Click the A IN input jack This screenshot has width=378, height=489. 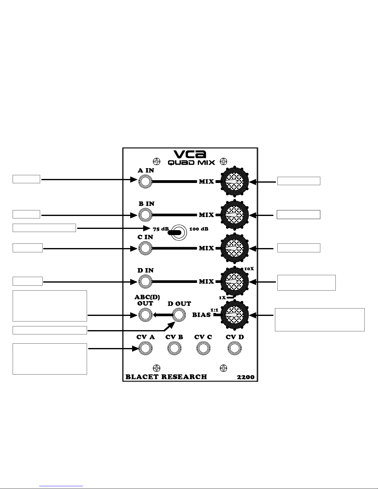coord(145,181)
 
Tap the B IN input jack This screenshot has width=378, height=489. coord(145,215)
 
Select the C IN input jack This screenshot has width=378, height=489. coord(145,248)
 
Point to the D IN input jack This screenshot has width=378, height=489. coord(145,281)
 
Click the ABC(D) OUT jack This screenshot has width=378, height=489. coord(145,315)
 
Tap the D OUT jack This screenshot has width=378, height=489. coord(179,315)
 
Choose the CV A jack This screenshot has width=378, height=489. coord(145,348)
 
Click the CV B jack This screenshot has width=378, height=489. coord(174,348)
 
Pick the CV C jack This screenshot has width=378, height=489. coord(203,348)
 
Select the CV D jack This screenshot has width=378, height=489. coord(235,348)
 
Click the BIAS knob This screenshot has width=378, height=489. coord(235,315)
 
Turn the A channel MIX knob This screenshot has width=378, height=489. coord(235,181)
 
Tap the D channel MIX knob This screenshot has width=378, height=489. coord(235,281)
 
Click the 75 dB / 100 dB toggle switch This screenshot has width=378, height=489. coord(177,232)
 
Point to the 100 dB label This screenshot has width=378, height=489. coord(199,229)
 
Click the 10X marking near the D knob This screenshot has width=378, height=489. coord(249,269)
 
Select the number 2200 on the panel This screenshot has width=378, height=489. coord(246,377)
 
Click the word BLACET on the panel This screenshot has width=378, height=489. coord(142,377)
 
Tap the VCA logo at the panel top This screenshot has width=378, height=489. coord(190,154)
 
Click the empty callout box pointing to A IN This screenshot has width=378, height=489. coord(26,179)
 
